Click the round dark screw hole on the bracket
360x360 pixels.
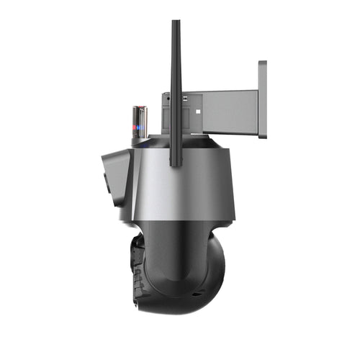[x=166, y=97]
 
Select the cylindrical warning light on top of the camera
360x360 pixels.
[x=139, y=122]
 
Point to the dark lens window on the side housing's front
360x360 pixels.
[x=106, y=180]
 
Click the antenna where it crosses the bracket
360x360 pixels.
[x=176, y=108]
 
